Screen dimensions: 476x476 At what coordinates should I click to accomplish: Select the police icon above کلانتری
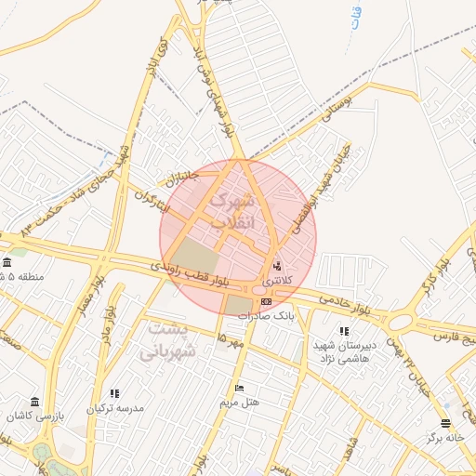point(276,266)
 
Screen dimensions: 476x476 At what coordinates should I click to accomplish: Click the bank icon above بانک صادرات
point(267,301)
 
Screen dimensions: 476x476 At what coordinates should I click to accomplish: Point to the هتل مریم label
point(239,403)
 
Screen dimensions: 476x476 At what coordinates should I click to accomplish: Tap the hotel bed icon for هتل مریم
point(239,389)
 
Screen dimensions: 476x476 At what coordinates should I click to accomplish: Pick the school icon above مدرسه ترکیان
point(114,394)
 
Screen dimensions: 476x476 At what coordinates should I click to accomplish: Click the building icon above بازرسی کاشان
point(34,402)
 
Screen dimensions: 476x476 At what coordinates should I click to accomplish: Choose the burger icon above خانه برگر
point(445,423)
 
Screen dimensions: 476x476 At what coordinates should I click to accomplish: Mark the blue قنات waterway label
point(358,19)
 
